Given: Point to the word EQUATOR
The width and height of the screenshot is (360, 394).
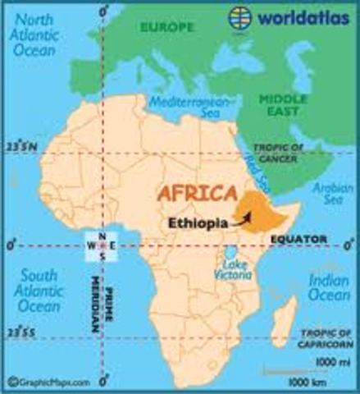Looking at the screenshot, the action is click(298, 240).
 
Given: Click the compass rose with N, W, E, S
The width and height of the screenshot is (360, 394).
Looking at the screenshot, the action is click(103, 244).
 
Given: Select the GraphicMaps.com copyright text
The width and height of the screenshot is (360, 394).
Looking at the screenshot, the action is click(51, 381).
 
